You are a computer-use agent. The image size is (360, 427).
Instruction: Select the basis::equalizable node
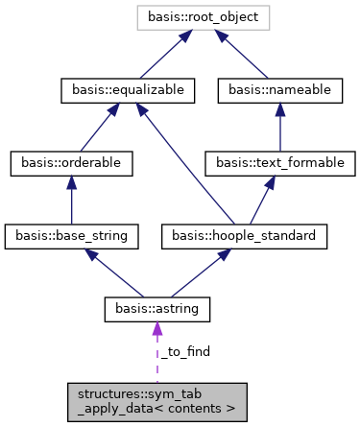[129, 90]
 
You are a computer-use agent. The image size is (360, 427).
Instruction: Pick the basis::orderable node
[72, 163]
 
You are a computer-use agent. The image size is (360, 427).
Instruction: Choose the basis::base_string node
[72, 235]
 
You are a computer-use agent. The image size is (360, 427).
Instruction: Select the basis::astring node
[156, 308]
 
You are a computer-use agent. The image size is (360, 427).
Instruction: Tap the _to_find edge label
[184, 352]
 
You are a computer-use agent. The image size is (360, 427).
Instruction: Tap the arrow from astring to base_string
[114, 272]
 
